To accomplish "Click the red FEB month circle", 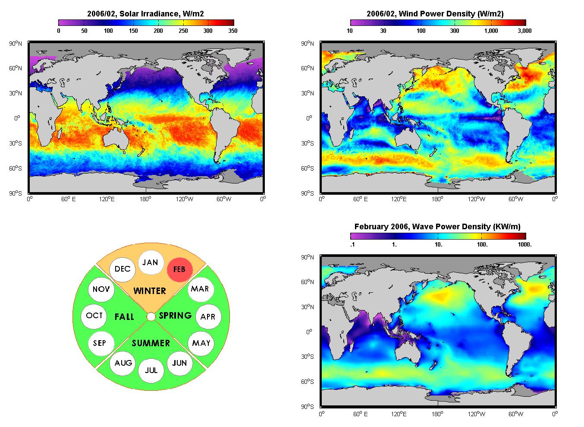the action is (179, 269).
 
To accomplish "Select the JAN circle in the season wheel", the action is (151, 263).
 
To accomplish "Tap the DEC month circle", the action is (122, 269).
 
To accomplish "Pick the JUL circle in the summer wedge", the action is (151, 370).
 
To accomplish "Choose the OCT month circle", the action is (94, 316).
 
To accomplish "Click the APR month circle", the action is (208, 316).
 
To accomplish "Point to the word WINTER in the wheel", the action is (150, 291).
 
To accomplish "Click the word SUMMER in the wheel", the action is (151, 343).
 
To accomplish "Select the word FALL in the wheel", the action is (124, 316).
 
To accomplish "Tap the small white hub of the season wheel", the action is (151, 316).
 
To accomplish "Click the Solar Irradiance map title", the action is (145, 13).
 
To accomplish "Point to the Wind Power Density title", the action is (435, 13).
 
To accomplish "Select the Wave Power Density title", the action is (437, 227).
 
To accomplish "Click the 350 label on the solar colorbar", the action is (233, 31).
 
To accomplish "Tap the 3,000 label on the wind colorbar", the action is (524, 31).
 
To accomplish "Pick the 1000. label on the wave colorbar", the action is (525, 244).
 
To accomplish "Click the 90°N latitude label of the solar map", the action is (16, 43).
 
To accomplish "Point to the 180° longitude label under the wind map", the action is (437, 199).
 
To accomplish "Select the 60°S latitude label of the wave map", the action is (308, 382).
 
